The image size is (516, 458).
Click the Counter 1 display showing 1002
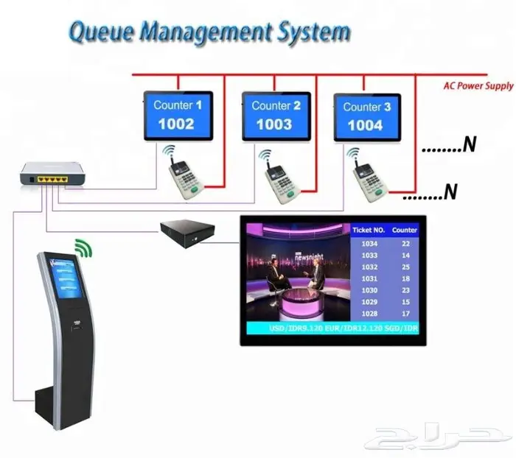click(x=178, y=115)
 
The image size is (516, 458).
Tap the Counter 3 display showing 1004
click(x=366, y=116)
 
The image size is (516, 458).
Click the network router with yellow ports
click(x=54, y=175)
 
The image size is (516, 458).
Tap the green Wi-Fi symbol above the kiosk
click(x=86, y=247)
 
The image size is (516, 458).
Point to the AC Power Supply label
click(x=478, y=86)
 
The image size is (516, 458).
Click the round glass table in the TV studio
click(x=299, y=300)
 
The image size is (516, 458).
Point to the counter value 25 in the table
click(x=405, y=267)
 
